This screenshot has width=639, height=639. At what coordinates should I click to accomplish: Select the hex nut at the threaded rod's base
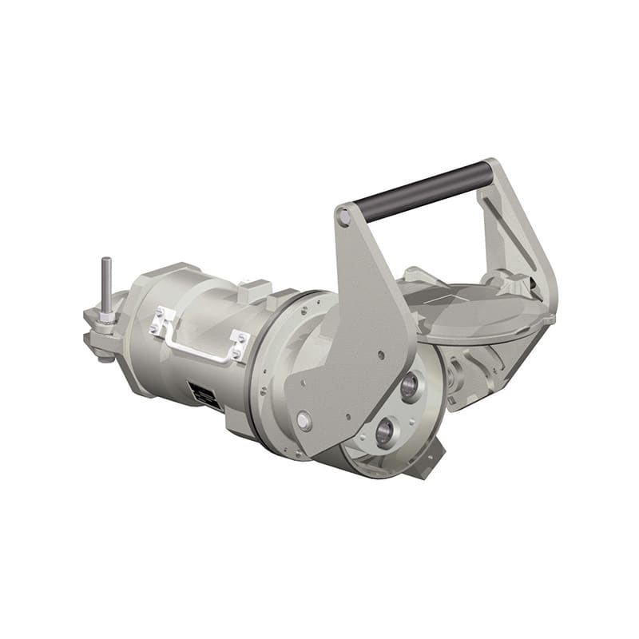tap(105, 318)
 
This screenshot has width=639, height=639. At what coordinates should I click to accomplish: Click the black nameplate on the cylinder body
tap(205, 395)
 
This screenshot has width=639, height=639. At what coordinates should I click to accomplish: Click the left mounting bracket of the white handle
tap(162, 322)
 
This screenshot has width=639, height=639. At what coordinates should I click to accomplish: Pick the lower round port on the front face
tap(385, 435)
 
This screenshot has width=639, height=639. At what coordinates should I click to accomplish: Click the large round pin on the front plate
tap(304, 420)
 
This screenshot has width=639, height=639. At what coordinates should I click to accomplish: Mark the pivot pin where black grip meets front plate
tap(344, 216)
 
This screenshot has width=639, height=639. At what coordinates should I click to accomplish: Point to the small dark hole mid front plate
tap(380, 355)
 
